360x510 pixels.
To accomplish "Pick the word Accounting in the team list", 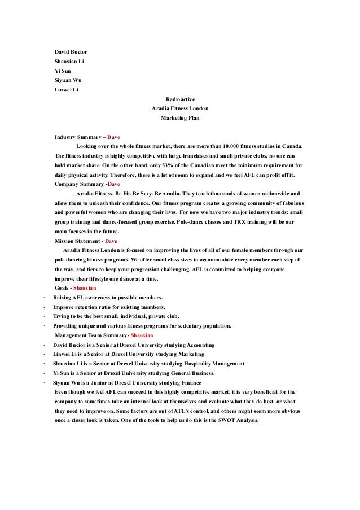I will tap(204, 345).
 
